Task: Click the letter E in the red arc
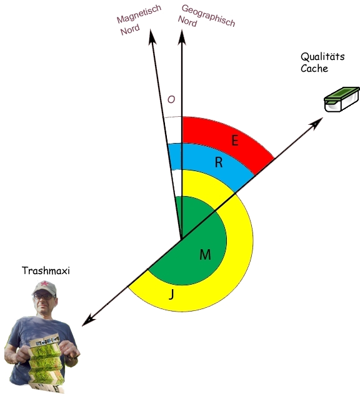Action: click(235, 140)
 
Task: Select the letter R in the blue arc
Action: click(219, 162)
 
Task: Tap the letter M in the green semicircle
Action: click(205, 255)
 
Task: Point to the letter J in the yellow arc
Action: click(172, 294)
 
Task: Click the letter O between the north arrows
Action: click(171, 99)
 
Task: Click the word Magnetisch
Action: click(139, 14)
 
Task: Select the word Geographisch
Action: click(208, 16)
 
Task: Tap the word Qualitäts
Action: click(322, 57)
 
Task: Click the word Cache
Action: click(314, 68)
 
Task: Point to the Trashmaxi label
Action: click(46, 270)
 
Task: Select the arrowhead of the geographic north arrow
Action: click(182, 37)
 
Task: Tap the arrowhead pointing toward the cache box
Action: click(316, 123)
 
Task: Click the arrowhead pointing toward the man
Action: click(89, 320)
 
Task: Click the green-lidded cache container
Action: click(342, 99)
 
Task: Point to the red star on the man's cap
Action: click(44, 284)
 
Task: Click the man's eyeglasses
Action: click(42, 296)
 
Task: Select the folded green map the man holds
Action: click(46, 362)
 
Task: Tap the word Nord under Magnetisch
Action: click(130, 30)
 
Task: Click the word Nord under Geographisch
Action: click(187, 21)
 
